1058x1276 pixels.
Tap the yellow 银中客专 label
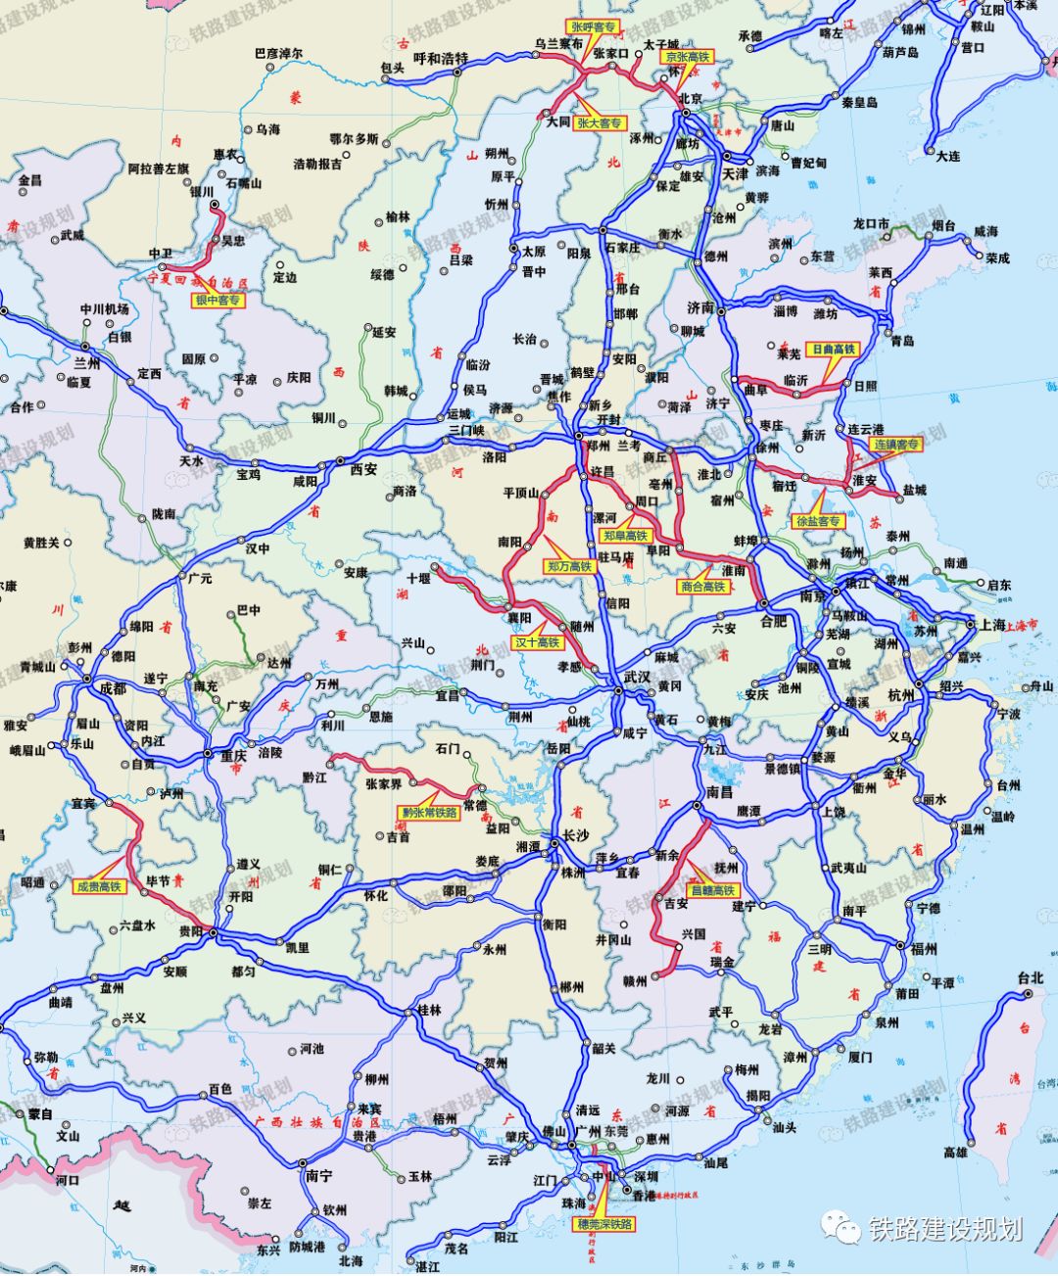(x=217, y=301)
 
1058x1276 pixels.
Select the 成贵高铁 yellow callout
(x=100, y=887)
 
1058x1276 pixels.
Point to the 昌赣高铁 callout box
(x=713, y=891)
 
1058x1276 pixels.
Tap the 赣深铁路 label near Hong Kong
(x=605, y=1224)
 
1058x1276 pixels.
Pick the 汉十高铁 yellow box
(x=538, y=643)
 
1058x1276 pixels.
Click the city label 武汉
(x=638, y=677)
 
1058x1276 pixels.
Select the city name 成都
(x=114, y=688)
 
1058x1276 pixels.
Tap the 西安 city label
(x=363, y=469)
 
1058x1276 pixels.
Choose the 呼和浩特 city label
(x=441, y=59)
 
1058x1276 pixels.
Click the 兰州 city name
(x=87, y=363)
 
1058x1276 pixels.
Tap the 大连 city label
(x=947, y=156)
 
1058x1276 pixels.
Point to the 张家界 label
(x=384, y=783)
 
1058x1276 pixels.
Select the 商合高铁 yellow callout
(x=703, y=587)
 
